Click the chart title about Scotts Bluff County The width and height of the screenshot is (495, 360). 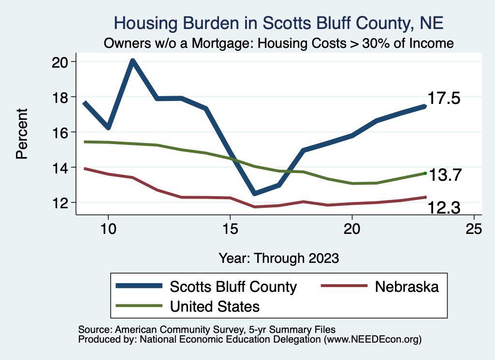pos(278,23)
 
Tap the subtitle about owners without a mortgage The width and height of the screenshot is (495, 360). pos(278,43)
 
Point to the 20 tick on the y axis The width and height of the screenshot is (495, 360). pos(63,62)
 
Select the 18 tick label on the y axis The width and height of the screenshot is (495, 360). pos(63,97)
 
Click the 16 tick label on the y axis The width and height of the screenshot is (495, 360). pos(63,132)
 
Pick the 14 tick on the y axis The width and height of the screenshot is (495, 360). pos(63,168)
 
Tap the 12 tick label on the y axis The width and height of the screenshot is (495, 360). pos(63,202)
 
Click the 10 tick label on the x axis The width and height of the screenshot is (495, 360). pos(108,229)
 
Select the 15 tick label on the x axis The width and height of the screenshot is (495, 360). pos(230,229)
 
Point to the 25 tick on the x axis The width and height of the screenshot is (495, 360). pos(474,229)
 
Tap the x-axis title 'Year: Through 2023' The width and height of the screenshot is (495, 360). pos(278,258)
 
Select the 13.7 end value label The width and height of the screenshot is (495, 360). pos(446,175)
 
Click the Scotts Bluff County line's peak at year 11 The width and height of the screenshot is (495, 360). pos(132,61)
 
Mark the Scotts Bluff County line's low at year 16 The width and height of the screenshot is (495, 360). pos(254,193)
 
